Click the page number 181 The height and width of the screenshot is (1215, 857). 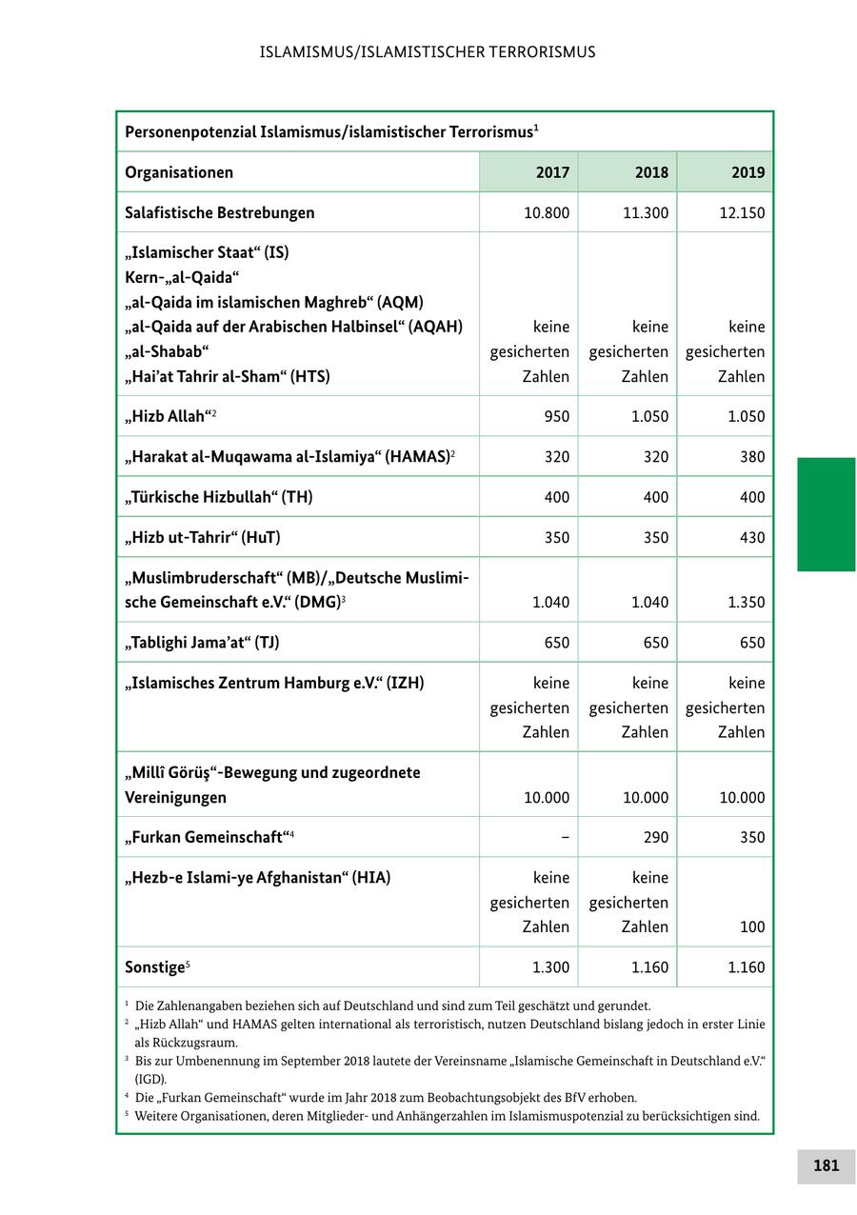point(826,1165)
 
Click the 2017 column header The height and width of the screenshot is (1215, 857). point(552,172)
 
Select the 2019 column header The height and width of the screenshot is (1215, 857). point(747,172)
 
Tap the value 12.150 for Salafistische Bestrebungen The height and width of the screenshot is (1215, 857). point(740,212)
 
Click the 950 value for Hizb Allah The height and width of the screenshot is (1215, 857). point(557,416)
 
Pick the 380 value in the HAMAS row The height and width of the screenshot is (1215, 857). point(752,456)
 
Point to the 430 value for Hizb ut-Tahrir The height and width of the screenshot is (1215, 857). point(752,537)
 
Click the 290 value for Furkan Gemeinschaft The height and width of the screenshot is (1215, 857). point(655,837)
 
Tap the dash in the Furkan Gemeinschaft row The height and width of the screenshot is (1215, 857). point(566,837)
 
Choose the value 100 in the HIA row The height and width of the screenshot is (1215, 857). point(752,926)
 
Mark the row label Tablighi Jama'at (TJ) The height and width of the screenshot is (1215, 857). point(202,643)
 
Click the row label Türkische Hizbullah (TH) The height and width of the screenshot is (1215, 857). point(219,497)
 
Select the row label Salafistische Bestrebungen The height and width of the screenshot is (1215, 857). point(220,212)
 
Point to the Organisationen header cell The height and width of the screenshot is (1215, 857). point(179,172)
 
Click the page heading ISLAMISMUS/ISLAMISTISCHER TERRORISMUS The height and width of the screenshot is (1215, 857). point(428,51)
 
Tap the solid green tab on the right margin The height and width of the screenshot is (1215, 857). point(826,514)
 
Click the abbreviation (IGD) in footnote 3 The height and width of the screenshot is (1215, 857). point(150,1079)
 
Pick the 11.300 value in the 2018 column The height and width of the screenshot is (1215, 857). point(645,212)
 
